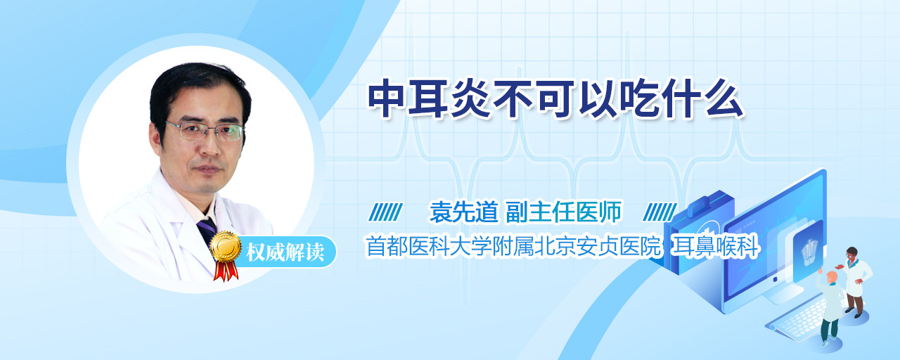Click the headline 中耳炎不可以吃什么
tap(556, 98)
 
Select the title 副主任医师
tap(563, 212)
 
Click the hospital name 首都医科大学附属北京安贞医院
tap(513, 246)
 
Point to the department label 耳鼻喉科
tap(716, 246)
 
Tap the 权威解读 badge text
tap(285, 252)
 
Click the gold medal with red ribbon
tap(226, 255)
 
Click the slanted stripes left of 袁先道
tap(385, 212)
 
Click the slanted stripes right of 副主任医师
tap(660, 212)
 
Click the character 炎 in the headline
tap(470, 98)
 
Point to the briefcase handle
tap(704, 203)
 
